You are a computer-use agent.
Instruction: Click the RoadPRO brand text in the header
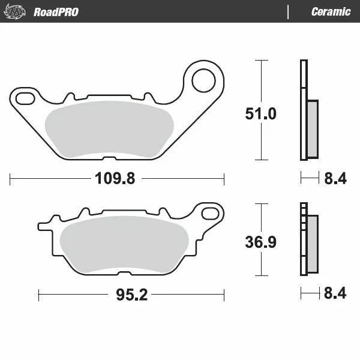[56, 11]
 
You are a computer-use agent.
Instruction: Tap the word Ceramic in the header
[331, 11]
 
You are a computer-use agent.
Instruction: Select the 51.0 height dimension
[262, 113]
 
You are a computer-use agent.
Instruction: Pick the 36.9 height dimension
[262, 242]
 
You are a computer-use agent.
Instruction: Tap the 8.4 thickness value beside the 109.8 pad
[335, 178]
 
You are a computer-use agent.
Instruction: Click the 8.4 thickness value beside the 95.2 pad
[335, 295]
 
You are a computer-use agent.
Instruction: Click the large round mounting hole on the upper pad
[203, 79]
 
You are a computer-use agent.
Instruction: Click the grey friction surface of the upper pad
[108, 127]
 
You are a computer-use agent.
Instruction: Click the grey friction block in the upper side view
[312, 128]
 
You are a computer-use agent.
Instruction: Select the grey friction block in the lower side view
[312, 244]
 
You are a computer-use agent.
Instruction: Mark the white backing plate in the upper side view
[303, 110]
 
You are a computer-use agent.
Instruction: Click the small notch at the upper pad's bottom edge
[108, 158]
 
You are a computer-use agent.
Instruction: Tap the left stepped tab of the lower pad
[45, 226]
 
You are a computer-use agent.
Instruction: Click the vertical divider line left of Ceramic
[289, 11]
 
